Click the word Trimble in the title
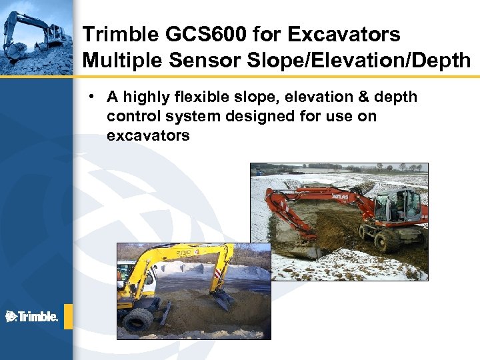116,34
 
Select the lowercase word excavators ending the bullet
148,136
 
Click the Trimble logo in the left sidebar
31,316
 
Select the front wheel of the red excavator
387,240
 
